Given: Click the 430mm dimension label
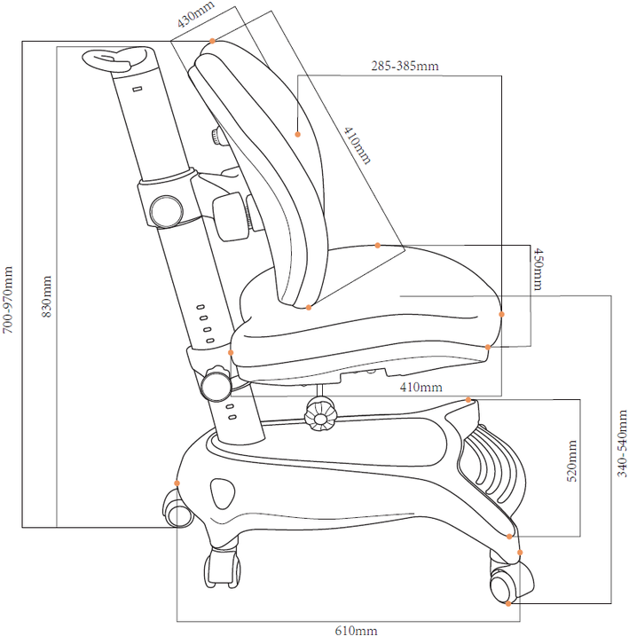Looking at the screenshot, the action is point(196,14).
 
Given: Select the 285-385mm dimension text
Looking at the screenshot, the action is point(405,66).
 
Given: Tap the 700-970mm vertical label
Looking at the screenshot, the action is point(8,300).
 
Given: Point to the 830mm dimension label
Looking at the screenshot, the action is point(47,296).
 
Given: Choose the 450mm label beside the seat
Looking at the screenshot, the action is point(539,270).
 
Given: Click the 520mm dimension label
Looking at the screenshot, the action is point(571,460).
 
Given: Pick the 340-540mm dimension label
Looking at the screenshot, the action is point(622,444).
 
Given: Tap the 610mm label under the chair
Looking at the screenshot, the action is point(356,631).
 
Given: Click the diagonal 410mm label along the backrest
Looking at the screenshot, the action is point(357,145).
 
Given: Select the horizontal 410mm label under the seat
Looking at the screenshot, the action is point(421,387).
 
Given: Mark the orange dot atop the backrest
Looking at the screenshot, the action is point(212,41).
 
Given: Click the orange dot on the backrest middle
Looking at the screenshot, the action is point(298,134).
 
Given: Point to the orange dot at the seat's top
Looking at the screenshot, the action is point(378,246).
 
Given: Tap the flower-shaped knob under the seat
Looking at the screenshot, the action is point(321,413).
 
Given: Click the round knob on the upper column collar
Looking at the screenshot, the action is point(166,211).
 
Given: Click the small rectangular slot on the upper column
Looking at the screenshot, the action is point(138,89).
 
